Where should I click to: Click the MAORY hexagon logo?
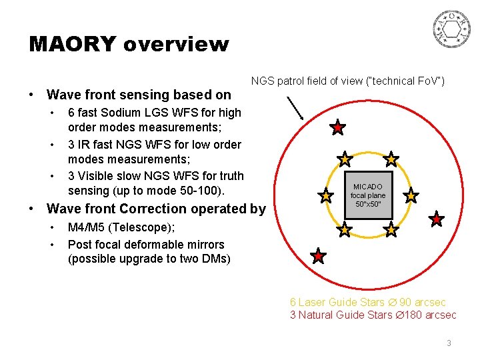coord(452,29)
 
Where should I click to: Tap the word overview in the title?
coord(176,45)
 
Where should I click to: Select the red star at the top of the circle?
coord(338,127)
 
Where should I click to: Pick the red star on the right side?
coord(436,219)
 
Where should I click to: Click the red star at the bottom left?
coord(319,256)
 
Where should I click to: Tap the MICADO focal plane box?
coord(369,195)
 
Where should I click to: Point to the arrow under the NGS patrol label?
coord(295,108)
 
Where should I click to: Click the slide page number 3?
coord(449,343)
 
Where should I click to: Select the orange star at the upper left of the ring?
coord(345,159)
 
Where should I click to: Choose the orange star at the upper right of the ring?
coord(391,159)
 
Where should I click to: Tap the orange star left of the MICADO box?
coord(326,196)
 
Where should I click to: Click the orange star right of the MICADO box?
coord(411,196)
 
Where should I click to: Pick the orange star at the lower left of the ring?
coord(345,230)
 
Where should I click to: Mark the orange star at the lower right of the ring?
coord(391,230)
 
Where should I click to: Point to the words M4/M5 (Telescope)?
coord(121,227)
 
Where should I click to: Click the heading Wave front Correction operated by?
coord(156,209)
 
